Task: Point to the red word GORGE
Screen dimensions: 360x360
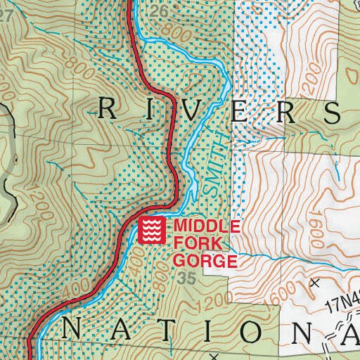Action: click(x=205, y=262)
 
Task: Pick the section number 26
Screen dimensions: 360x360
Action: click(x=160, y=11)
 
